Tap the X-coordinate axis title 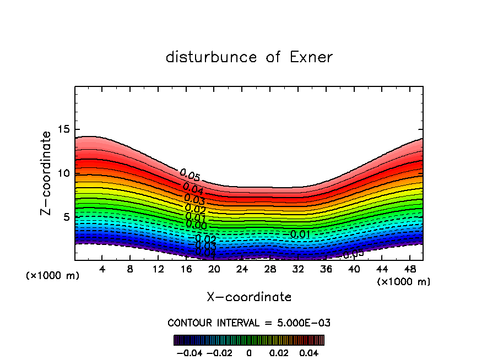[x=249, y=297]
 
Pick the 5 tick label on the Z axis [x=67, y=217]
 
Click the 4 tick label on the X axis [x=102, y=269]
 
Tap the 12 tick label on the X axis [x=158, y=269]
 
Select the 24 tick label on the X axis [x=242, y=269]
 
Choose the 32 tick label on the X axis [x=298, y=269]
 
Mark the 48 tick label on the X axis [x=409, y=269]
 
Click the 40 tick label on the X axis [x=354, y=269]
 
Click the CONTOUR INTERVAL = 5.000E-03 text [x=249, y=323]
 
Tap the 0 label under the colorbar [x=249, y=352]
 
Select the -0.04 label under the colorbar [x=188, y=352]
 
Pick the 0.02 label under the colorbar [x=279, y=352]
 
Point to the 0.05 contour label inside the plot [x=190, y=176]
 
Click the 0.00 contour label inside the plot [x=196, y=225]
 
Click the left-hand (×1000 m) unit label [x=53, y=275]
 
